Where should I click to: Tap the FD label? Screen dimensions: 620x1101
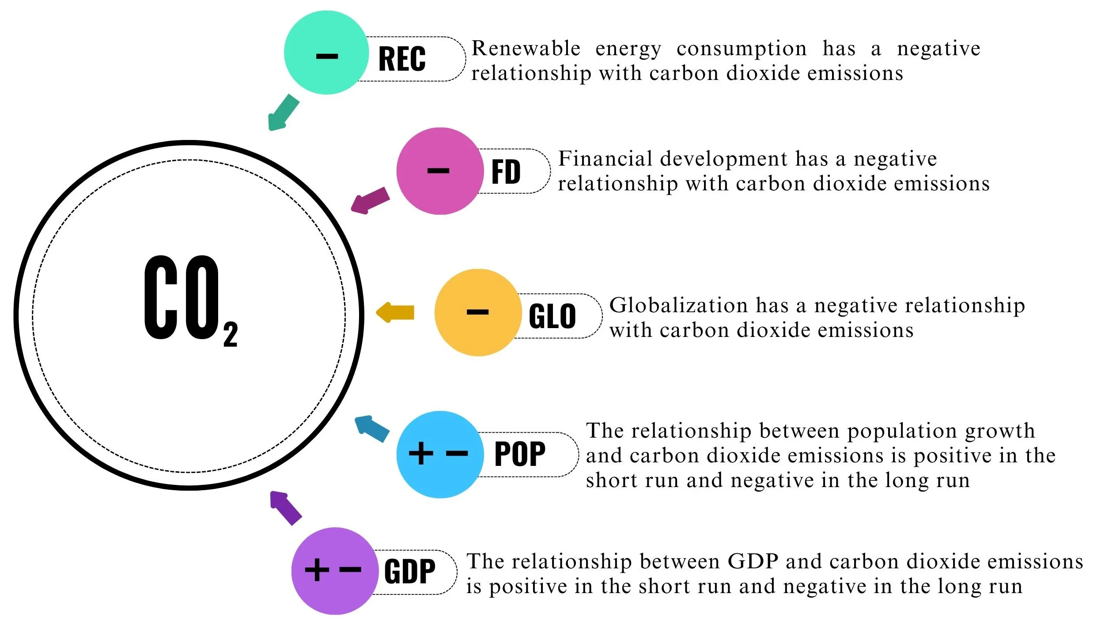[x=506, y=172]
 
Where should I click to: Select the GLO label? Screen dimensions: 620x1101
[x=552, y=316]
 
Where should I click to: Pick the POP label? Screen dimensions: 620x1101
[x=520, y=454]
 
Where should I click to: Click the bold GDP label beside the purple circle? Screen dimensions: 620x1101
[x=409, y=571]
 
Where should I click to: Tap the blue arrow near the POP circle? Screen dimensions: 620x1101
[x=371, y=428]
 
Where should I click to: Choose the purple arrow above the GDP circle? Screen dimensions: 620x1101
[x=285, y=507]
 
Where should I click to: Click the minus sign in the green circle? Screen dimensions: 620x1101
[x=327, y=57]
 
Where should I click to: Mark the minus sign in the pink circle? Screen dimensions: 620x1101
[x=438, y=171]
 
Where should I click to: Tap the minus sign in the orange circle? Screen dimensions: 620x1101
[x=477, y=312]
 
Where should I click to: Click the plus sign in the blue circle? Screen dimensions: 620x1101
[x=421, y=453]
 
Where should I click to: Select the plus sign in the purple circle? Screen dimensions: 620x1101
[x=317, y=570]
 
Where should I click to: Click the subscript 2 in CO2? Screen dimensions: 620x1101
[x=231, y=334]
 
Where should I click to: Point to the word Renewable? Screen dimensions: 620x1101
[x=526, y=49]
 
